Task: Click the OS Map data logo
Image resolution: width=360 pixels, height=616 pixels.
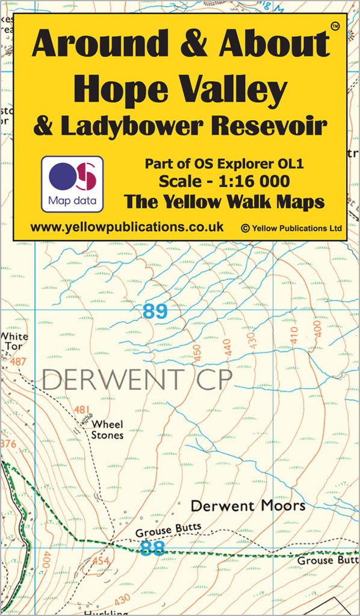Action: pyautogui.click(x=72, y=183)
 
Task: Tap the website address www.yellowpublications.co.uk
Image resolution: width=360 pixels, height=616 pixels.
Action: pyautogui.click(x=126, y=227)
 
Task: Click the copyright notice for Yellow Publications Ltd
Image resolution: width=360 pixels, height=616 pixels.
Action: pyautogui.click(x=291, y=229)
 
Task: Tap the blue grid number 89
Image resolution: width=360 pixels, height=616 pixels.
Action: pyautogui.click(x=155, y=312)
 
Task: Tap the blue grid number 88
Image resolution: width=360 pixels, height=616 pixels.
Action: pyautogui.click(x=152, y=547)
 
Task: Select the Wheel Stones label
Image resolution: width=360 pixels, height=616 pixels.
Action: pyautogui.click(x=107, y=430)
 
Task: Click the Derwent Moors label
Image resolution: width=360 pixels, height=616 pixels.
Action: pyautogui.click(x=248, y=505)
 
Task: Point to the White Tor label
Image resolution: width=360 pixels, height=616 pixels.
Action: pyautogui.click(x=12, y=341)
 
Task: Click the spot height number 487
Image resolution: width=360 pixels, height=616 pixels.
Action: pyautogui.click(x=19, y=362)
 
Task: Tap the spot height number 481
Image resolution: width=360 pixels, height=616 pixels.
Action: pyautogui.click(x=81, y=410)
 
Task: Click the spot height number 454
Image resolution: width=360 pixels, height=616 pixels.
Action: pyautogui.click(x=101, y=561)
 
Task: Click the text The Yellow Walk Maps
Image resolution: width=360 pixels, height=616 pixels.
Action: pyautogui.click(x=225, y=202)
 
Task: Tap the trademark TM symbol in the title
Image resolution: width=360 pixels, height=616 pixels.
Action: pyautogui.click(x=335, y=25)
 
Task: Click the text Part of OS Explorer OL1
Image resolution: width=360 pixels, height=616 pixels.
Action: pyautogui.click(x=224, y=164)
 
